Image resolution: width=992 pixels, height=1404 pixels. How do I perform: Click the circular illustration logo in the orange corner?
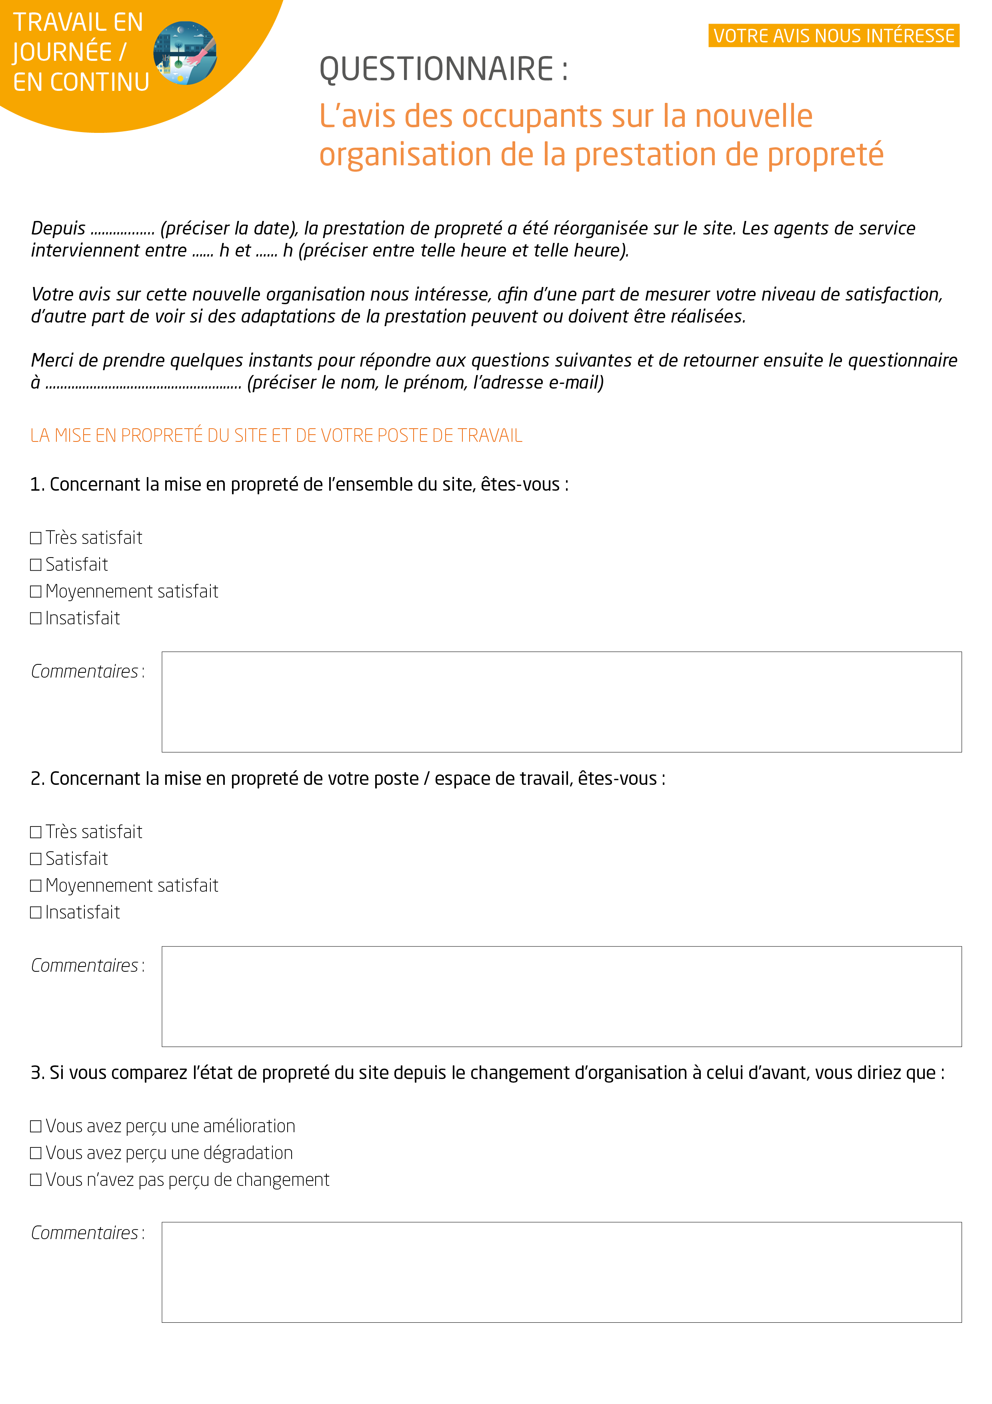click(x=185, y=53)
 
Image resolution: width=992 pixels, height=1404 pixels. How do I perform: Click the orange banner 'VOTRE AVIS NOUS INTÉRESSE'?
click(x=833, y=36)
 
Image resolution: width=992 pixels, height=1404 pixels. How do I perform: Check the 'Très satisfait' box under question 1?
click(x=36, y=538)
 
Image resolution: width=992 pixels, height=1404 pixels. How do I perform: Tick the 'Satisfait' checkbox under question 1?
click(x=36, y=565)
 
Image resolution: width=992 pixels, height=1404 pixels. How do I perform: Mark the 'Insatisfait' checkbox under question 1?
click(x=36, y=619)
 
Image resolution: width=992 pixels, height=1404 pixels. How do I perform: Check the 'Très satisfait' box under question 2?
click(x=36, y=832)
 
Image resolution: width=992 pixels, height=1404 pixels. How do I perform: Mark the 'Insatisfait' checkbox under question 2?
click(x=36, y=913)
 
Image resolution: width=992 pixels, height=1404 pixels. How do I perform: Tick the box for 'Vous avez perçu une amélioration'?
click(x=36, y=1126)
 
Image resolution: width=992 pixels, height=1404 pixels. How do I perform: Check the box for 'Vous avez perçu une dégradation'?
click(x=36, y=1153)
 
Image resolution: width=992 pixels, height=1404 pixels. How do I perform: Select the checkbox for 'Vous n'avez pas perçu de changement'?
click(x=36, y=1180)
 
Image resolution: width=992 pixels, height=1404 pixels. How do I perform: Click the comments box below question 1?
click(x=561, y=702)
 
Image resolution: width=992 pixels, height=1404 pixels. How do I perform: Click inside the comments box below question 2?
click(x=561, y=997)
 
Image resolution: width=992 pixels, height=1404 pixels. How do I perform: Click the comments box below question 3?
click(x=561, y=1273)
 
